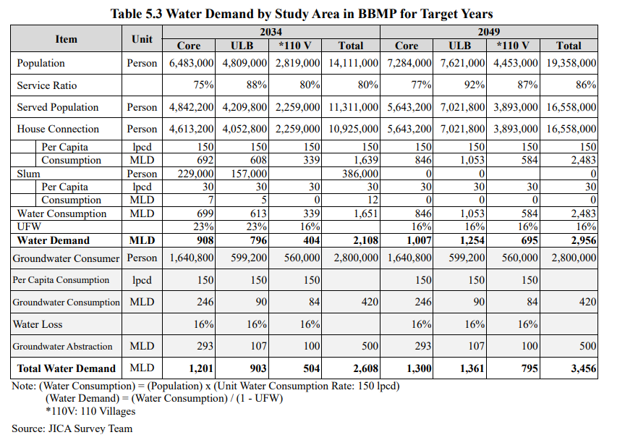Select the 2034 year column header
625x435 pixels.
point(271,33)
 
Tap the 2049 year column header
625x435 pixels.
point(489,33)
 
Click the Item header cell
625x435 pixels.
point(66,38)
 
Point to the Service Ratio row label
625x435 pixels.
point(47,85)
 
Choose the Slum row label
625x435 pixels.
point(29,174)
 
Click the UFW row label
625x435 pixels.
point(30,227)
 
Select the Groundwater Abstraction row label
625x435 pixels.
point(63,346)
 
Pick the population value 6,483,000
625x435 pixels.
point(191,64)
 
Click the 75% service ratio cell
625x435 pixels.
point(203,85)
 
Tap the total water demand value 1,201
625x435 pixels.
point(200,368)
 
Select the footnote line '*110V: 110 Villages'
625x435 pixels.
point(90,411)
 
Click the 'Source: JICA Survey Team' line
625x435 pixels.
point(72,428)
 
